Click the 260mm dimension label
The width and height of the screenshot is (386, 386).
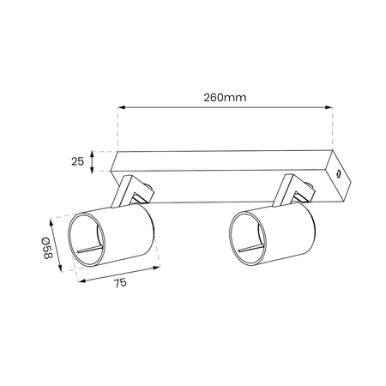click(225, 98)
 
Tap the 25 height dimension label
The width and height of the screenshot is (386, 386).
click(77, 162)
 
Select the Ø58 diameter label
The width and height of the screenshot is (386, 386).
click(46, 248)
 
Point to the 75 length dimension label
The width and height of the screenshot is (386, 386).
click(120, 283)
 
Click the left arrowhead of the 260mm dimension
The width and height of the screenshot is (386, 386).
click(122, 107)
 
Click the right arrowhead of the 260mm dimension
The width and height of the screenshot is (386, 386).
click(329, 107)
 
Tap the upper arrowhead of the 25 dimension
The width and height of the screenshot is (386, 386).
click(92, 154)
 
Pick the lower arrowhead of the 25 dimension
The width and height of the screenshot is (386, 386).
click(92, 170)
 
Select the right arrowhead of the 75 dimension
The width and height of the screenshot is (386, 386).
click(156, 268)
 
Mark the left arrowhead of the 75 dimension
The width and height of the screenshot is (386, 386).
click(81, 281)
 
